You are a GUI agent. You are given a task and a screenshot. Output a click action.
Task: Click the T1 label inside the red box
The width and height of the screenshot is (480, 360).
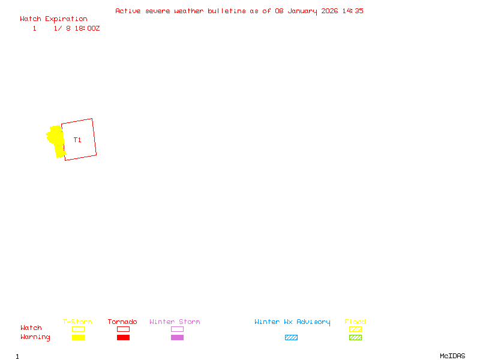[77, 140]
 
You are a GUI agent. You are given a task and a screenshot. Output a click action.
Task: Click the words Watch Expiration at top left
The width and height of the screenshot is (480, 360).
[53, 19]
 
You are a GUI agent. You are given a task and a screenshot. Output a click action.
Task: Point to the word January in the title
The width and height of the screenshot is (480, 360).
[302, 11]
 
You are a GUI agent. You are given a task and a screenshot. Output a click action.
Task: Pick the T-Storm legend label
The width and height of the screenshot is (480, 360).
[77, 322]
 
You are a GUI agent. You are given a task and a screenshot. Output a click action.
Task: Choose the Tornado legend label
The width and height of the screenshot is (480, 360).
[122, 322]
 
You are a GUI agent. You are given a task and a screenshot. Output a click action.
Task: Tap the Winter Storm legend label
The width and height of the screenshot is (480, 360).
[175, 322]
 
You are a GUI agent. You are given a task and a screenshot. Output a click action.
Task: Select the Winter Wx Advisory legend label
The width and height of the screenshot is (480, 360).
[292, 322]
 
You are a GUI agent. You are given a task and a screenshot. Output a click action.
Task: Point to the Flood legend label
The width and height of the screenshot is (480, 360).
[355, 322]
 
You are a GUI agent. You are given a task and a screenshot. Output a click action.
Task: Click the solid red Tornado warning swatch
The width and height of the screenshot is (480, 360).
[123, 337]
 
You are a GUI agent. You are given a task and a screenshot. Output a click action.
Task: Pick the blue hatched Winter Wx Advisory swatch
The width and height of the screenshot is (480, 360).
[291, 337]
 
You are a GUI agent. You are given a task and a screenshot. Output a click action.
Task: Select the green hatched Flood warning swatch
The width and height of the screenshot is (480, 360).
[355, 337]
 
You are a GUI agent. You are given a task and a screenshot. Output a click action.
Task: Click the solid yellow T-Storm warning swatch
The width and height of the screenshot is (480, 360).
[78, 337]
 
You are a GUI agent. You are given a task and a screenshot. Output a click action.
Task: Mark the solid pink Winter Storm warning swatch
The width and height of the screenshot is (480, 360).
[177, 337]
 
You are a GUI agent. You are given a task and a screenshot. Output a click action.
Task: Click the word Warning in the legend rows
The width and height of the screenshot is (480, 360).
[35, 337]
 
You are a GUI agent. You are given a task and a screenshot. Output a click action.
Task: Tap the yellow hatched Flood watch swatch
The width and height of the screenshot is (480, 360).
[355, 329]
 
